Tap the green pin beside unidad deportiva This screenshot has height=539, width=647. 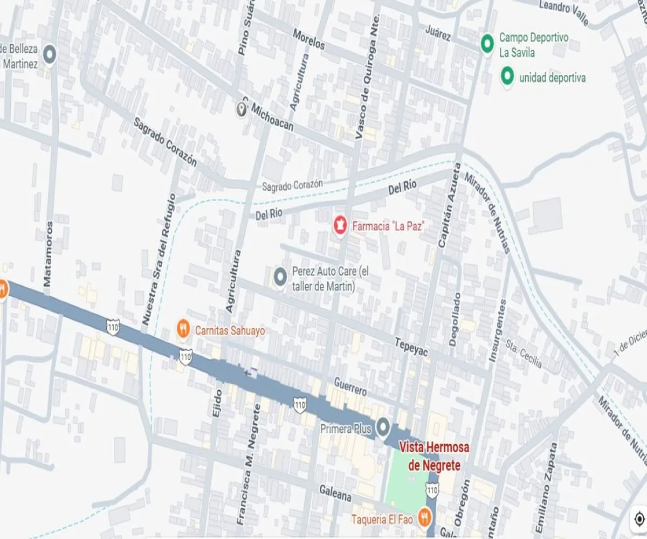tap(507, 77)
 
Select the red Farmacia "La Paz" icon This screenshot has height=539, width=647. tap(340, 225)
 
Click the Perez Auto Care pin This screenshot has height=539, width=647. tap(280, 277)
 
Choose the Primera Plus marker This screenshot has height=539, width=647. tap(383, 427)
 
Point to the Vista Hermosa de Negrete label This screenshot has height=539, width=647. tap(434, 457)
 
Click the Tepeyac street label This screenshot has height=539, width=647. tap(411, 347)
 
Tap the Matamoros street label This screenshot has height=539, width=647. tap(48, 253)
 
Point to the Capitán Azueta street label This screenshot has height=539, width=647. tap(449, 205)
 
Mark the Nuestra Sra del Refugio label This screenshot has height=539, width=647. tap(159, 259)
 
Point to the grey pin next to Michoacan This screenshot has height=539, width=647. tap(242, 109)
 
